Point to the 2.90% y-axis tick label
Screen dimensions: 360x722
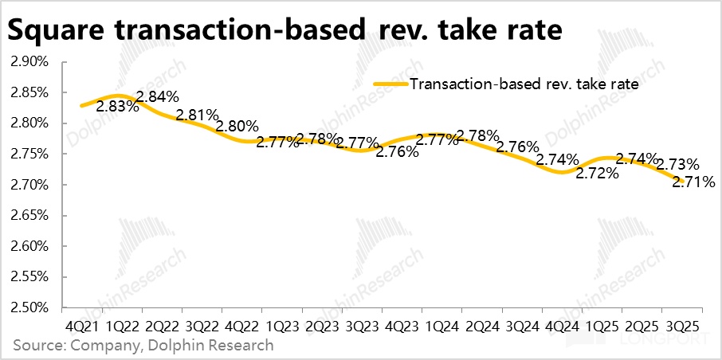point(30,61)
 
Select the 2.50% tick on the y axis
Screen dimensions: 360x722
point(30,307)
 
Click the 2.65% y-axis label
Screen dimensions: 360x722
point(30,215)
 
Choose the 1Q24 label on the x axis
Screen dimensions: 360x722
point(442,327)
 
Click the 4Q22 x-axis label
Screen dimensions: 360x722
point(242,327)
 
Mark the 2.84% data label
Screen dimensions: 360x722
point(158,98)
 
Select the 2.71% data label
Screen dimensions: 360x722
point(693,182)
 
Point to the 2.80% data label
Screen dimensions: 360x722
point(237,126)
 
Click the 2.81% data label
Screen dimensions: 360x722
point(198,115)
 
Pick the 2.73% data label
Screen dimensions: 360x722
point(678,165)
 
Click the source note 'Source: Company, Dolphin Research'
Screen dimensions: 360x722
point(143,346)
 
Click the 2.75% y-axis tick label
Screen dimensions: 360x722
point(30,154)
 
